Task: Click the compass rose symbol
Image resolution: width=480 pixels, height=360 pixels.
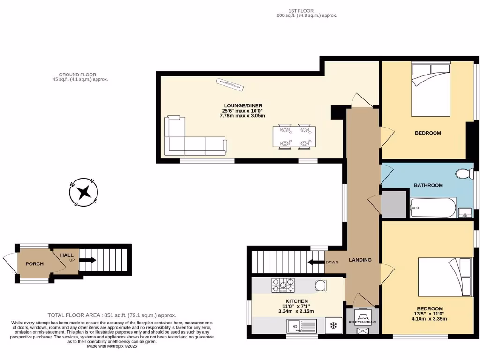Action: pos(84,192)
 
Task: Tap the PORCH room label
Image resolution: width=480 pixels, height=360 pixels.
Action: pos(34,264)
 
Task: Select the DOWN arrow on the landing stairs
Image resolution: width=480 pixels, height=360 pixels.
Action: pos(316,262)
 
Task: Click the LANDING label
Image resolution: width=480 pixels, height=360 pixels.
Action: pos(360,260)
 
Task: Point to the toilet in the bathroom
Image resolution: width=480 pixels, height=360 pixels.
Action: pos(465,173)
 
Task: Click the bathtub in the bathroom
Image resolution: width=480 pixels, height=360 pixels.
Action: pos(433,208)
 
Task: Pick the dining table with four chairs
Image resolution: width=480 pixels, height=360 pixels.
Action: pos(294,136)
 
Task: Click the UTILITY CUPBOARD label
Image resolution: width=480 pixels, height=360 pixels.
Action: pos(362,322)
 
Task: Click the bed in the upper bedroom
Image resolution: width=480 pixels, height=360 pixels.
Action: pos(430,90)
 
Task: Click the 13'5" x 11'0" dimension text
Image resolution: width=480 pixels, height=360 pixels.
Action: pos(428,314)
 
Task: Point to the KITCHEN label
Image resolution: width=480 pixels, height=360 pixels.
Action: pos(297,301)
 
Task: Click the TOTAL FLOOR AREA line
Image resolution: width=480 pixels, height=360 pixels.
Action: pos(112,315)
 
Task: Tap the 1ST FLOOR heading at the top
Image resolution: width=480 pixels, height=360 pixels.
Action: pos(301,11)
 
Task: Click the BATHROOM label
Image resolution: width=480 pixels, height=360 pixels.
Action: pos(428,185)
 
